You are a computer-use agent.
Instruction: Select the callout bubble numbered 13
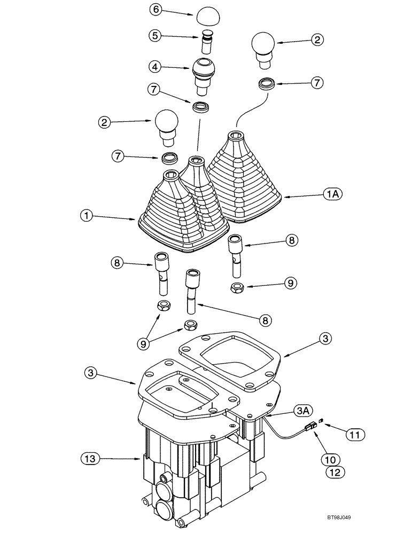(x=90, y=458)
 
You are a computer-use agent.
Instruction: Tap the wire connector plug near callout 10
(x=309, y=426)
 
